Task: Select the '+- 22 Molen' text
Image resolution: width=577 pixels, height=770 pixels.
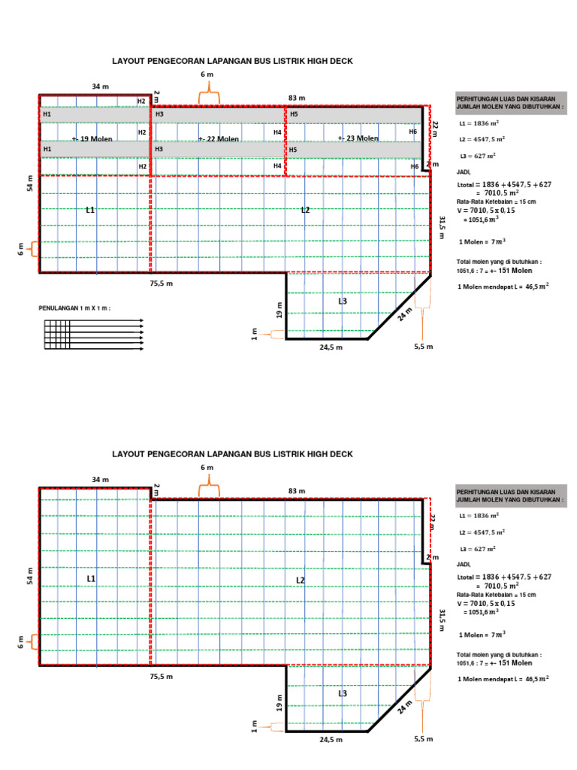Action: point(219,139)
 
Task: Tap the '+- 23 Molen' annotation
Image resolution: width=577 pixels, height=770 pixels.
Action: point(358,138)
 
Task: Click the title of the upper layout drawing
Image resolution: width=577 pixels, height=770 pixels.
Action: point(232,61)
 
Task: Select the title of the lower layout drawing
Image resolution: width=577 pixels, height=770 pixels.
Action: point(232,454)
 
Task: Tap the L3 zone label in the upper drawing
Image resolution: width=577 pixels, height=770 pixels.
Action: point(343,301)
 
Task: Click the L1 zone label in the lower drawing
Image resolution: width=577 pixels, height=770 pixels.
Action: point(91,578)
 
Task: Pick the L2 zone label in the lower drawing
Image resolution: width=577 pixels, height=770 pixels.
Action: point(300,580)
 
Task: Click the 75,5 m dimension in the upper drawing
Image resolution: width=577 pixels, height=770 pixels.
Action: point(162,283)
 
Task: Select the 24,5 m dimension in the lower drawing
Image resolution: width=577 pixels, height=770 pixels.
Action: point(331,740)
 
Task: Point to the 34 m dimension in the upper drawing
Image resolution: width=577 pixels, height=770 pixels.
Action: point(100,86)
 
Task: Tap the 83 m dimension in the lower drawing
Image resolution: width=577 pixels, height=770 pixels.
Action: point(297,491)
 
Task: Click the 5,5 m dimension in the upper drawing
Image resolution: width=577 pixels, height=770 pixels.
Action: point(424,347)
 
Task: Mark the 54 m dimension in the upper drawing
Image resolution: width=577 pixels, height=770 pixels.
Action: point(31,183)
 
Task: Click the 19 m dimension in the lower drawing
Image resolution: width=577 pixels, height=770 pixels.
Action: point(279,702)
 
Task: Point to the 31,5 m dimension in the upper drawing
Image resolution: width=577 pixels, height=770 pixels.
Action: point(442,226)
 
